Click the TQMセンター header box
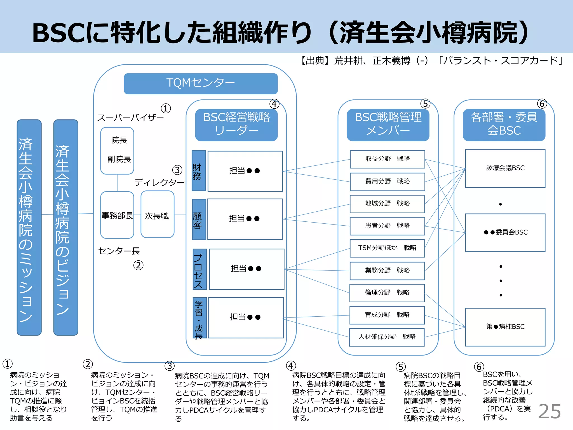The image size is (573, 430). [201, 83]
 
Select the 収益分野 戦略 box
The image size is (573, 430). [387, 159]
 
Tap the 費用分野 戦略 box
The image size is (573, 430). [387, 181]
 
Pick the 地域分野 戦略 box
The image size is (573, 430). [387, 204]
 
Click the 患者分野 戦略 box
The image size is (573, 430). [387, 226]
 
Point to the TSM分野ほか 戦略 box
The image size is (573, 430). [387, 248]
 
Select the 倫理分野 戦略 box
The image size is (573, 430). [387, 293]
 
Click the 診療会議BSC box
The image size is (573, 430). [505, 168]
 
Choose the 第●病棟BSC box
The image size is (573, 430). [505, 327]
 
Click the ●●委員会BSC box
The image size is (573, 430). [505, 232]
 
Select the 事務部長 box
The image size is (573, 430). [117, 215]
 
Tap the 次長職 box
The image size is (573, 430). [157, 215]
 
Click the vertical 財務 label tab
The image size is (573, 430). [199, 171]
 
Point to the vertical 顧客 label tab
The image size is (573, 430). [199, 219]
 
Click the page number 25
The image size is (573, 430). [549, 411]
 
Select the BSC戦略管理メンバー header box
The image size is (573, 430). [388, 125]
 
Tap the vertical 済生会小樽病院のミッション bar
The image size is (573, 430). [29, 227]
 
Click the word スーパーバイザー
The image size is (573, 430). [130, 118]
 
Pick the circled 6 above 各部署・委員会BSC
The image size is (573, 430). [542, 104]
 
